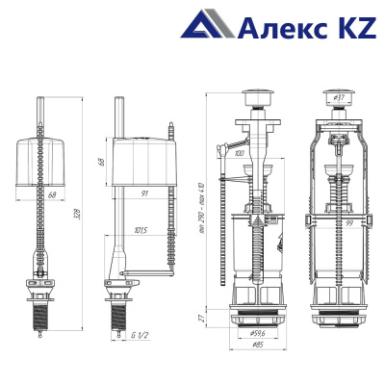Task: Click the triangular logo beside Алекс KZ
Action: pyautogui.click(x=208, y=24)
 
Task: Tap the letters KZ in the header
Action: pyautogui.click(x=354, y=27)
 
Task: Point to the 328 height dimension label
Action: pyautogui.click(x=77, y=215)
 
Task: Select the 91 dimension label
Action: pyautogui.click(x=144, y=193)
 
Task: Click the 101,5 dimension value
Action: pyautogui.click(x=141, y=230)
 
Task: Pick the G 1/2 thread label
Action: pyautogui.click(x=140, y=336)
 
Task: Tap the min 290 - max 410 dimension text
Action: pyautogui.click(x=201, y=208)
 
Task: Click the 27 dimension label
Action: pyautogui.click(x=201, y=319)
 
